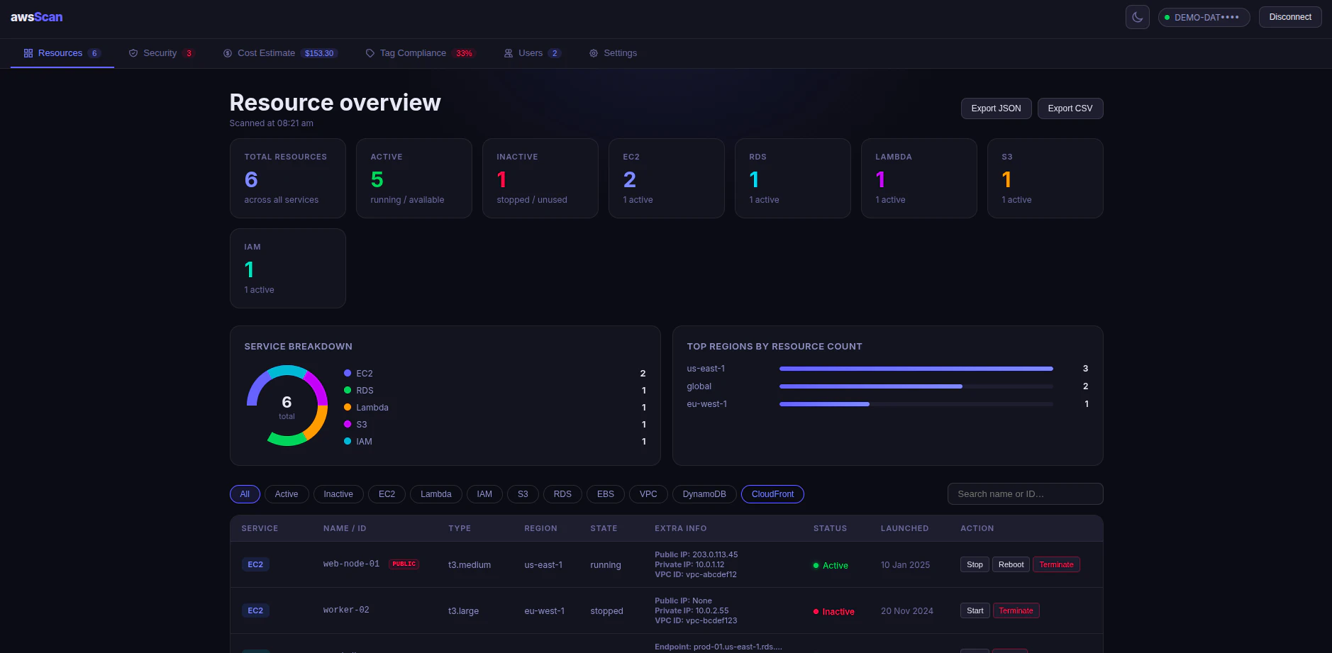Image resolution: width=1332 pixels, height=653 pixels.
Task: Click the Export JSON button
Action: click(x=996, y=108)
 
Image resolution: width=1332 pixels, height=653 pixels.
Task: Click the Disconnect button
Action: click(x=1289, y=17)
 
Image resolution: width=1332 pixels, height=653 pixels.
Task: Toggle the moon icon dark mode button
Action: click(x=1137, y=17)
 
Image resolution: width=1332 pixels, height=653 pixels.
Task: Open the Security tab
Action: click(x=160, y=53)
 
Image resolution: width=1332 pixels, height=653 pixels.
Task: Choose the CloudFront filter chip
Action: click(x=772, y=494)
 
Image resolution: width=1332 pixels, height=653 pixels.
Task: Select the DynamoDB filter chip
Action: click(x=704, y=494)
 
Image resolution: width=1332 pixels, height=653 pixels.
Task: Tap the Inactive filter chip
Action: click(x=338, y=494)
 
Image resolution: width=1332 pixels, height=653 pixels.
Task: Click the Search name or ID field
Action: click(x=1025, y=494)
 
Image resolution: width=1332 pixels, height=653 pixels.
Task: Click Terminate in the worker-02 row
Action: click(x=1016, y=610)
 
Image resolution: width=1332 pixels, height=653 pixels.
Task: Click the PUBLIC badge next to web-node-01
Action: click(x=404, y=564)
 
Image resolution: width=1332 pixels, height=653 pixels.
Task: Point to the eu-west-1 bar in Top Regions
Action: click(x=824, y=404)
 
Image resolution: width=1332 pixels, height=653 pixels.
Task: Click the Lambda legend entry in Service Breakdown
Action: click(x=372, y=408)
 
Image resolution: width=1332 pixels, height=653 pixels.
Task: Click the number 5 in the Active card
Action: click(x=377, y=180)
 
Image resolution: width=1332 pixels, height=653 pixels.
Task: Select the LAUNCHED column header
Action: click(x=904, y=528)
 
